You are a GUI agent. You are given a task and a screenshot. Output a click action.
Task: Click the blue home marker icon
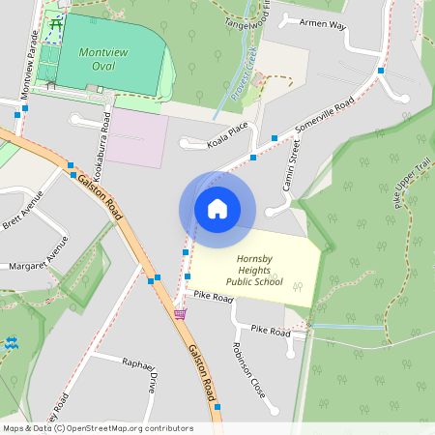point(217,209)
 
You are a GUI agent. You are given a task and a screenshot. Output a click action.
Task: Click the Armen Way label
point(322,23)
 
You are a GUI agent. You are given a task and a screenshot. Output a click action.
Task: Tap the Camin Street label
point(287,161)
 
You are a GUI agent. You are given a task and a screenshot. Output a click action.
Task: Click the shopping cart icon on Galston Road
point(179,313)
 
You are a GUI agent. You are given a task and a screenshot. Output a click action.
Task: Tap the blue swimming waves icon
point(13,342)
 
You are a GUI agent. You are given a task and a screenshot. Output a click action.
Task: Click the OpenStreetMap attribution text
point(97,428)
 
